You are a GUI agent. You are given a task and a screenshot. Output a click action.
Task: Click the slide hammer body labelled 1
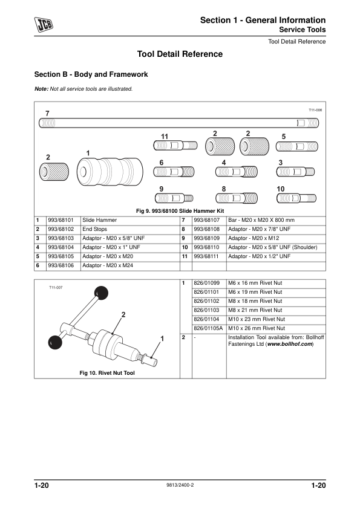[x=108, y=173]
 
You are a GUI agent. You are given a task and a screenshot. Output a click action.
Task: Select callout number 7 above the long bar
[x=47, y=114]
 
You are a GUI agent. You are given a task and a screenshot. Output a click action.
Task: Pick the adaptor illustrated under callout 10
[x=296, y=198]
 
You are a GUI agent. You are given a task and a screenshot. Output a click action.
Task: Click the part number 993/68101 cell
[x=61, y=221]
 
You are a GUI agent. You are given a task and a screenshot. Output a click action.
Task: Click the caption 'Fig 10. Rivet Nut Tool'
[x=107, y=373]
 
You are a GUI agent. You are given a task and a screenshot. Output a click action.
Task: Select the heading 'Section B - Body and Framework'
[x=91, y=75]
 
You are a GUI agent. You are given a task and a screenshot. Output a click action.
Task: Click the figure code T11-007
[x=56, y=287]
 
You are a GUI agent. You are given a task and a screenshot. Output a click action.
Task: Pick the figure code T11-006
[x=315, y=111]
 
